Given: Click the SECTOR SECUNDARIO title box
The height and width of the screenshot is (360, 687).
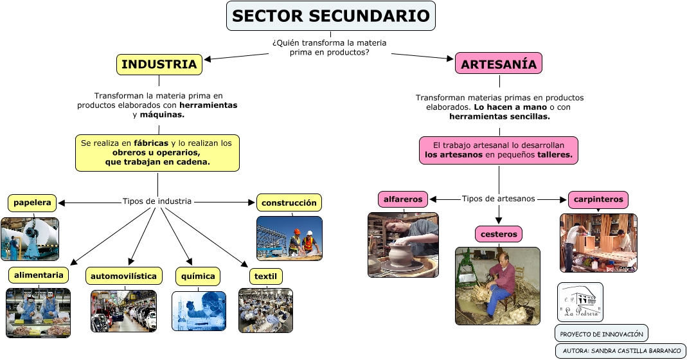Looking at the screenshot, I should coord(330,16).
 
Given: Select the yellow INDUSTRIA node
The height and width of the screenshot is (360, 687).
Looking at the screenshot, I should coord(159,64).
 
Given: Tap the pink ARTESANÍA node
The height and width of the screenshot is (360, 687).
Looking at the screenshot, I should coord(499,64).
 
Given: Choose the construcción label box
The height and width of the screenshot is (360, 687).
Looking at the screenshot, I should coord(289,203).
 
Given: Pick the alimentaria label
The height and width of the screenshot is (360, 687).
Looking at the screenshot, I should coord(39,275).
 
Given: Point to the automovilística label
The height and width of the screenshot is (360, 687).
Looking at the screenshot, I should coord(123,276).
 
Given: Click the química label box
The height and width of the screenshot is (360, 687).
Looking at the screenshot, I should coord(198,276).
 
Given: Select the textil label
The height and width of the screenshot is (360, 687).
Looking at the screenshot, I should coord(265,276).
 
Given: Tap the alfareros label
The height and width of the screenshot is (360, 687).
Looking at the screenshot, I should coord(403,199).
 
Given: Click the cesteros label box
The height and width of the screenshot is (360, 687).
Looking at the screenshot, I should coord(499,233).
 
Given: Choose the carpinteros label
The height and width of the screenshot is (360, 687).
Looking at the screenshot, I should coord(598,199).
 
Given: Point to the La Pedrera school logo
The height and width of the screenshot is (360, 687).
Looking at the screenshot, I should coord(580,301).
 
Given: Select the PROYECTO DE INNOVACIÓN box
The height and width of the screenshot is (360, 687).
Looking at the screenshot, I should coord(601,334).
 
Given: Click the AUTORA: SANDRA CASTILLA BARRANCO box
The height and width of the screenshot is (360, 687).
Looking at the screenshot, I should coord(621,351).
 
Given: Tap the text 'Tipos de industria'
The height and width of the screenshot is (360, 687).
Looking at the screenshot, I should coord(157,201).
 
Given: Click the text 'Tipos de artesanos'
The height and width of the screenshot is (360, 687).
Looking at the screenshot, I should coord(498,199).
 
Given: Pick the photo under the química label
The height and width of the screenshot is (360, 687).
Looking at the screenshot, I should coord(199,310).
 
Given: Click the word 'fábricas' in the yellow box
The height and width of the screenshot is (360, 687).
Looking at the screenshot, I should coord(152,143).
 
